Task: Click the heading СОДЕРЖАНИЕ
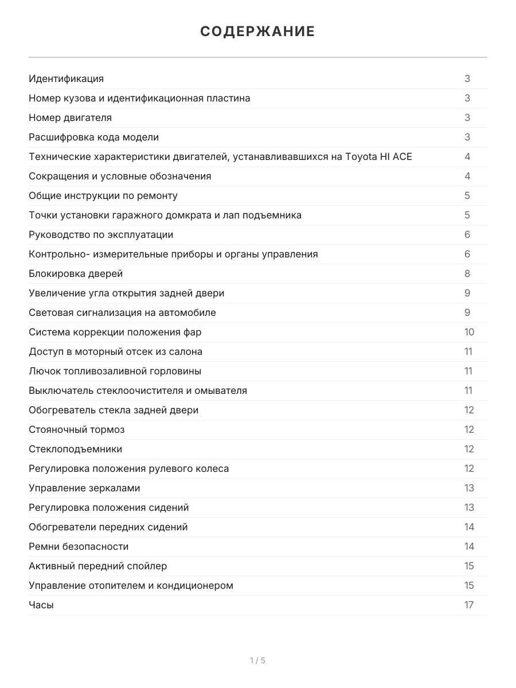257,32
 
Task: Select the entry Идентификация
66,79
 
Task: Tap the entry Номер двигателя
70,118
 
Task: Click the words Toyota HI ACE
378,157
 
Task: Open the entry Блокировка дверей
76,273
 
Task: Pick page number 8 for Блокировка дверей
467,273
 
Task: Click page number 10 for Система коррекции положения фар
469,332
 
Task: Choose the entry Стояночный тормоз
76,429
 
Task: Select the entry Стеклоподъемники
75,449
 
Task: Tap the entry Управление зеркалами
84,488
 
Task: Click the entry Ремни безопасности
79,546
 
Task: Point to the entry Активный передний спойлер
98,566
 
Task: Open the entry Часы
41,605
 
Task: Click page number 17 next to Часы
469,605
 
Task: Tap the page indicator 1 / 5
257,660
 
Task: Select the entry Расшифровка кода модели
93,137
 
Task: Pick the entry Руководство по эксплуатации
101,234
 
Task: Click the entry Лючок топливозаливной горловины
115,371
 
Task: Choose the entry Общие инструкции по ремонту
103,196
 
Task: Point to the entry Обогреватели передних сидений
108,527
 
